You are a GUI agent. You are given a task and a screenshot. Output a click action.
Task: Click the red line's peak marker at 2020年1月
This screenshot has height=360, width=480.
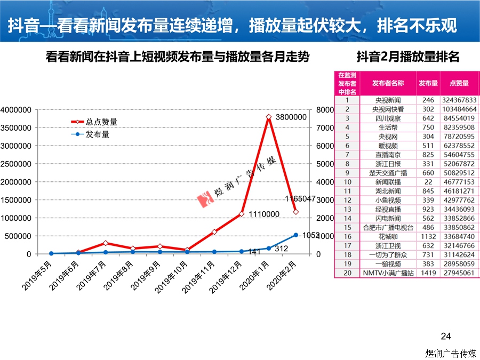pyautogui.click(x=269, y=117)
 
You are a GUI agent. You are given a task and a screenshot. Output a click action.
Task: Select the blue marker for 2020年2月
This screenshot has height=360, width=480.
pyautogui.click(x=296, y=235)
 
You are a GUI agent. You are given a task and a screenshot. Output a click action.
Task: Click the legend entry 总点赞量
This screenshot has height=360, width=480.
pyautogui.click(x=101, y=122)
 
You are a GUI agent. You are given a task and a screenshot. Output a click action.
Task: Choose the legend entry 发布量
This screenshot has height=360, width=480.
pyautogui.click(x=98, y=134)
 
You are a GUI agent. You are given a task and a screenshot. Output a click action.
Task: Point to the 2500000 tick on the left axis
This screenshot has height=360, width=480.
pyautogui.click(x=15, y=164)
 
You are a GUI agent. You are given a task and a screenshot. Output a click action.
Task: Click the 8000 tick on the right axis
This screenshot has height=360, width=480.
pyautogui.click(x=310, y=110)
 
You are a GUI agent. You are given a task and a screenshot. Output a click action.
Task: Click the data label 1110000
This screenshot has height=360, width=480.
pyautogui.click(x=264, y=214)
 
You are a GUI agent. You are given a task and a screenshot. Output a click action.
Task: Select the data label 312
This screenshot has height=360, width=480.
pyautogui.click(x=282, y=248)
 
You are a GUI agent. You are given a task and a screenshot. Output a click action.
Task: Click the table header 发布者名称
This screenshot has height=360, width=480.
pyautogui.click(x=388, y=83)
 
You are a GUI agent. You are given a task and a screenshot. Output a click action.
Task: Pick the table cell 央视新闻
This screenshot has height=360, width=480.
pyautogui.click(x=388, y=100)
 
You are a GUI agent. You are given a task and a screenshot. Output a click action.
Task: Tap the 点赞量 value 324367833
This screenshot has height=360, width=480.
pyautogui.click(x=459, y=100)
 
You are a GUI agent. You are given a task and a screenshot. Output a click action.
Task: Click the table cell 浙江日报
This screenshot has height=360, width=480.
pyautogui.click(x=388, y=164)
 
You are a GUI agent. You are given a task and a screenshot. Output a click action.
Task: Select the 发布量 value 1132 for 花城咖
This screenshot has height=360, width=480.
pyautogui.click(x=428, y=236)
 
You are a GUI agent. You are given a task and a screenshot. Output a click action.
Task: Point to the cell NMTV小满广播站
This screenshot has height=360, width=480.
pyautogui.click(x=388, y=273)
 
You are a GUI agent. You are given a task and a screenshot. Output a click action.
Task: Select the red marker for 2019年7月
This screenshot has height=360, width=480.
pyautogui.click(x=106, y=243)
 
